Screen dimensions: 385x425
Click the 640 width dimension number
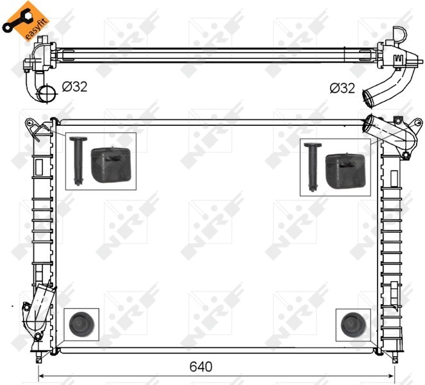(201, 367)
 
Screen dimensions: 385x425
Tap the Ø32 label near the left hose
(74, 87)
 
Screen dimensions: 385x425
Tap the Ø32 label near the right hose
(342, 88)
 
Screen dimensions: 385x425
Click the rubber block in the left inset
(111, 165)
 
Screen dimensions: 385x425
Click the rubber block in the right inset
(346, 169)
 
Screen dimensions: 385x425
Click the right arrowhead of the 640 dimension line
(392, 377)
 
